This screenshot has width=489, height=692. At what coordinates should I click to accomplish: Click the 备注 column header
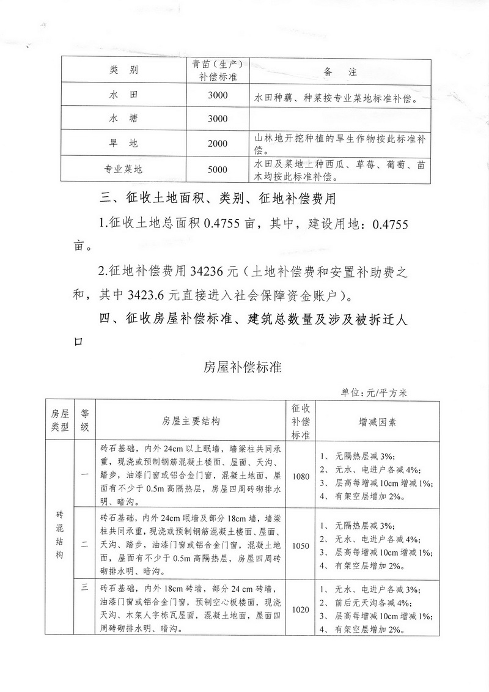pos(338,70)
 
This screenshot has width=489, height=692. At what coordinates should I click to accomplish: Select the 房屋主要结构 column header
pos(191,421)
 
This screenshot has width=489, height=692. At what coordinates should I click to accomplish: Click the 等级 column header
pos(85,421)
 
